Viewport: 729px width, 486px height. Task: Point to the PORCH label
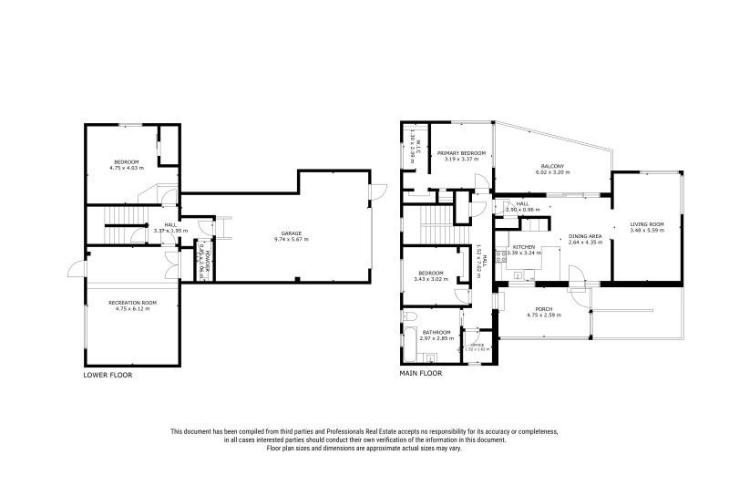(x=546, y=311)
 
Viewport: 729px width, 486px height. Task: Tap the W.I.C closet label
(x=414, y=145)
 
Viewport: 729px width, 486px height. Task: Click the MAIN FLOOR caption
(x=421, y=374)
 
